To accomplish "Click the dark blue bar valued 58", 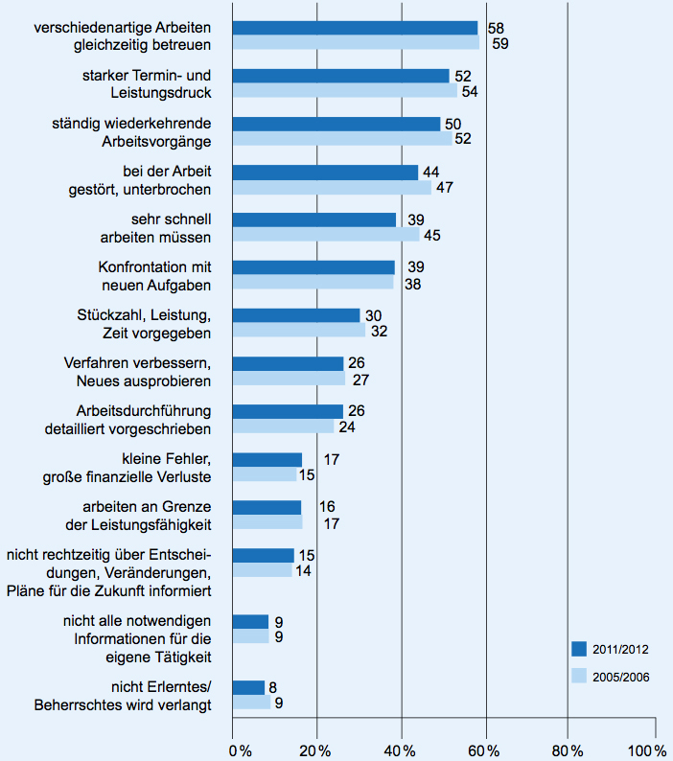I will coord(355,28).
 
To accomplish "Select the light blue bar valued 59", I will coord(356,43).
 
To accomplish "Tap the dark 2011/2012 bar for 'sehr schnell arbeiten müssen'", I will coord(314,219).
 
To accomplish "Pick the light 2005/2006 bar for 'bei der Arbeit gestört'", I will coord(332,187).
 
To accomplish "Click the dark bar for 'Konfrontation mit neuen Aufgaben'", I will coord(314,267).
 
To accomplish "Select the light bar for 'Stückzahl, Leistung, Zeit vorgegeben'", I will coord(299,331).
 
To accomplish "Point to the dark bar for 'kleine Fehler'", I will coord(267,459).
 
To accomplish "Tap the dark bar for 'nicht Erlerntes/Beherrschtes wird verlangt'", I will coord(248,687).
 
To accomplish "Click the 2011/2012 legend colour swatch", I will coord(578,648).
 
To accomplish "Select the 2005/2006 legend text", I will coord(620,676).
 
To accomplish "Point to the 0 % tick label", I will coord(239,749).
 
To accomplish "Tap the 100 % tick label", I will coord(648,749).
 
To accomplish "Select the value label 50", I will coord(454,124).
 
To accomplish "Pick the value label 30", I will coord(374,315).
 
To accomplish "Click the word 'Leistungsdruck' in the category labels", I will coord(164,93).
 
